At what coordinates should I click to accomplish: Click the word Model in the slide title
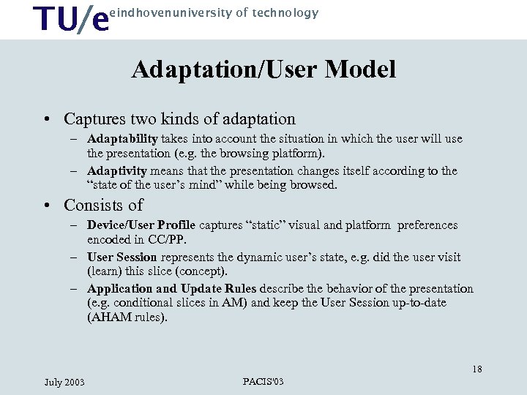(360, 69)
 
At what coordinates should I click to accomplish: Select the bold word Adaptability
(122, 138)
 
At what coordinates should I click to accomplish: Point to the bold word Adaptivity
(117, 170)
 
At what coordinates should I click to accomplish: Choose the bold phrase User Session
(122, 257)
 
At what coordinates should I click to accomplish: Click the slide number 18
(476, 369)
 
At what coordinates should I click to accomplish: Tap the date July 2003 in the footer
(64, 382)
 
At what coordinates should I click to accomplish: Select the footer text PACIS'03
(263, 381)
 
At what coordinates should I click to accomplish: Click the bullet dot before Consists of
(46, 206)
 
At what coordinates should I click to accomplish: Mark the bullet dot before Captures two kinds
(46, 119)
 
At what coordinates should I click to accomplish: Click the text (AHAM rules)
(127, 317)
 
